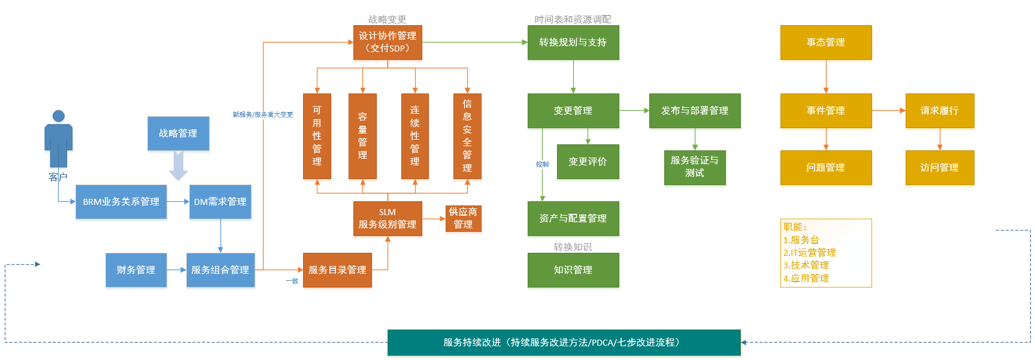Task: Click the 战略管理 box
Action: [x=178, y=134]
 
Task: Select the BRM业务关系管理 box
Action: [x=121, y=202]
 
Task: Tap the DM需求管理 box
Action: [x=220, y=202]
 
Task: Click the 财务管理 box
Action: [x=136, y=270]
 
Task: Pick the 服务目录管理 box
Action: [x=337, y=270]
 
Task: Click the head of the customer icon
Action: [x=58, y=116]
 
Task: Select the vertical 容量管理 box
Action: [x=362, y=136]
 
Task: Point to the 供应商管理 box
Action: [x=463, y=218]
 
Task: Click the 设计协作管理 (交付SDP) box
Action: [x=388, y=42]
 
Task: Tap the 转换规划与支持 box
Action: [x=573, y=42]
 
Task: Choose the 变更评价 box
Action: [x=588, y=162]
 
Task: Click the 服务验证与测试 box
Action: [x=695, y=167]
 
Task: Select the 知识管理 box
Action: [x=573, y=270]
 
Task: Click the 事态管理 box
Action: [x=825, y=42]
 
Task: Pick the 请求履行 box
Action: [x=939, y=111]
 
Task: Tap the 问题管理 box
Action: [x=825, y=168]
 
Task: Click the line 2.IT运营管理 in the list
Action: [x=809, y=253]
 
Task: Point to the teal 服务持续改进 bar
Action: [x=564, y=343]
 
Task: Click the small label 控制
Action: [x=542, y=164]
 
